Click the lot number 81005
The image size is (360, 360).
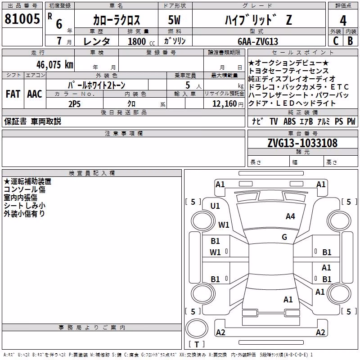point(22,19)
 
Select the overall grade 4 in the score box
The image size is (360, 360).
point(343,21)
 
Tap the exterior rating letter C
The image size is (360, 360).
point(336,41)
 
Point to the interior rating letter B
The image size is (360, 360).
point(350,41)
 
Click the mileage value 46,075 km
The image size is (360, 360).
point(55,65)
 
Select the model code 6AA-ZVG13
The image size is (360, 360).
point(258,41)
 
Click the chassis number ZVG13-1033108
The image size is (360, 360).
point(302,143)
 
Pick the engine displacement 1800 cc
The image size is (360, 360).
point(141,41)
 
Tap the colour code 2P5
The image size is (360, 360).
point(74,104)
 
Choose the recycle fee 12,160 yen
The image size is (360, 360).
point(228,104)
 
